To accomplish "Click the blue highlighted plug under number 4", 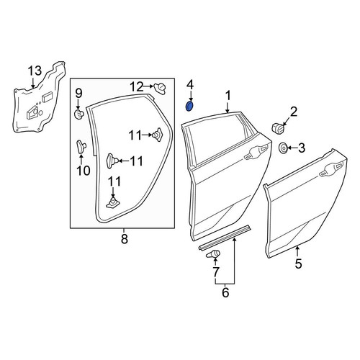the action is coord(190,107).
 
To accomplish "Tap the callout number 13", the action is coord(35,71).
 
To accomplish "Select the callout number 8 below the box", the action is coord(125,239).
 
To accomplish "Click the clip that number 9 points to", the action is coord(78,114).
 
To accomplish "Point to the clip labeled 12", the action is coord(160,89).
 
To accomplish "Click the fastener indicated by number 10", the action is coord(81,146).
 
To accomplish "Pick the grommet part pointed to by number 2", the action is coord(278,128).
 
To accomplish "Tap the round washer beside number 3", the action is coord(283,148).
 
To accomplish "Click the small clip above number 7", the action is coord(213,254).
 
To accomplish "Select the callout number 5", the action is coord(298,264).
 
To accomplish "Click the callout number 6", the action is coord(225,293).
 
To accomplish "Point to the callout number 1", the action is coord(228,95).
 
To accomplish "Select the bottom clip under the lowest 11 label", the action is coord(113,203).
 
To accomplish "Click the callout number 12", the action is coord(137,86).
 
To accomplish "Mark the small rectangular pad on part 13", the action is coord(46,97).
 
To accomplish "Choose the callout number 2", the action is coord(293,112).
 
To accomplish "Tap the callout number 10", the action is coord(84,171).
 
